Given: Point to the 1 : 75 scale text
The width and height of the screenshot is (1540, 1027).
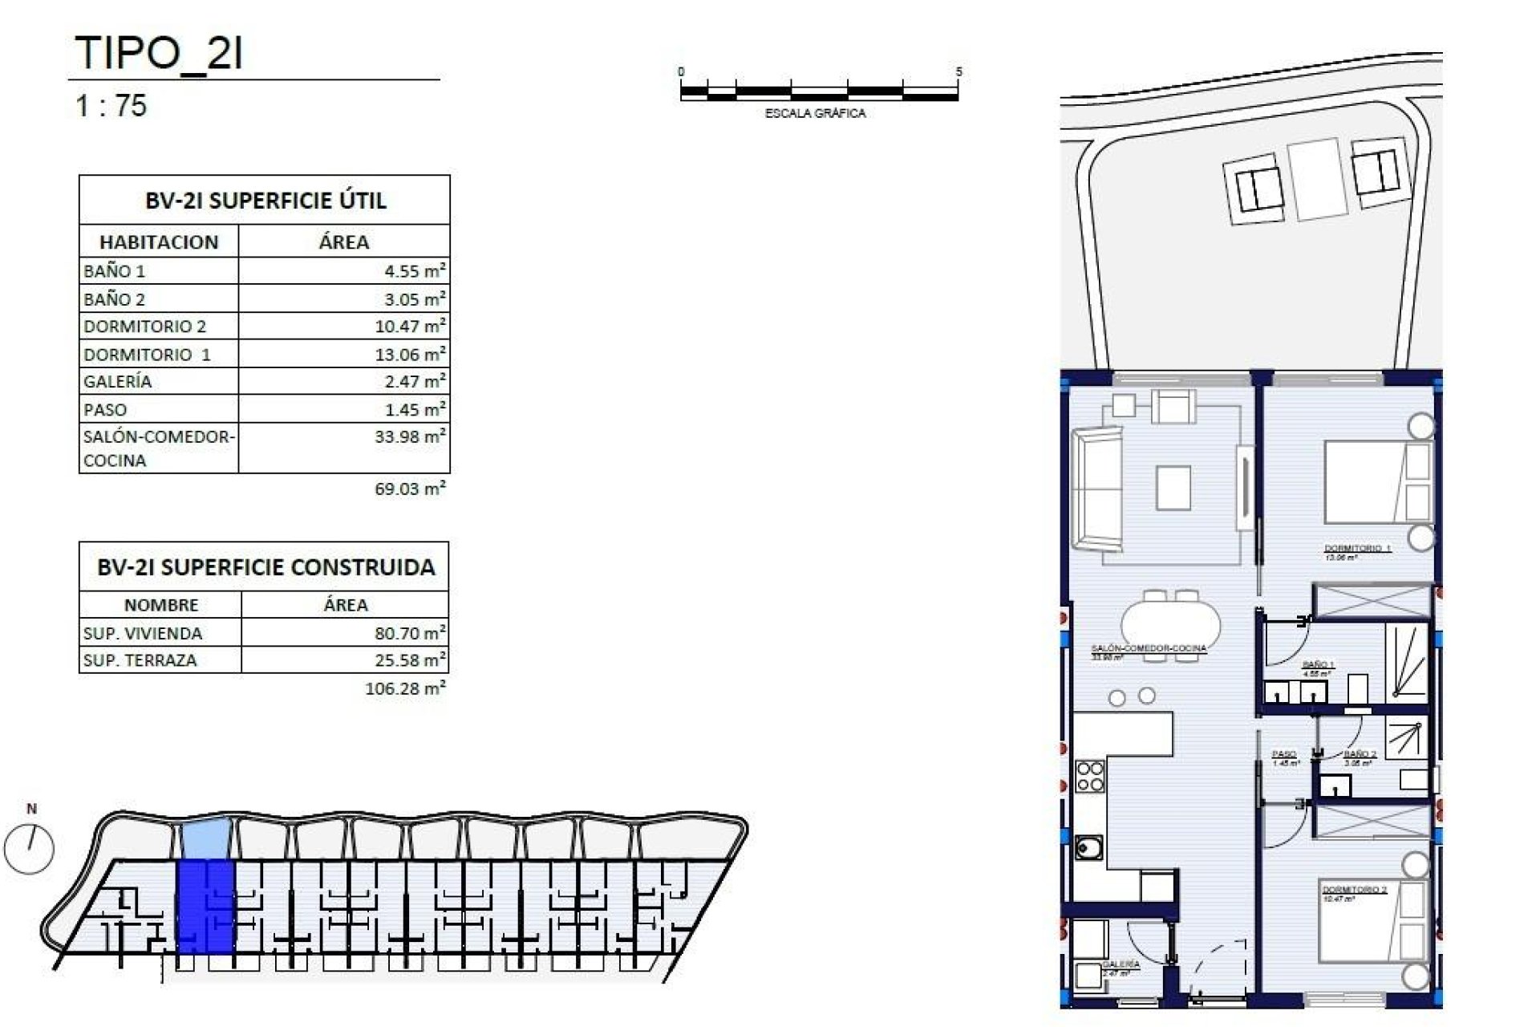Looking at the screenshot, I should tap(111, 106).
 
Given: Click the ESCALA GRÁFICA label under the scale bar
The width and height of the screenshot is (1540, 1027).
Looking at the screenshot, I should tap(815, 114).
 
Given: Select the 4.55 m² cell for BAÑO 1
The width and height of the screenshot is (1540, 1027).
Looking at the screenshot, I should tap(344, 271).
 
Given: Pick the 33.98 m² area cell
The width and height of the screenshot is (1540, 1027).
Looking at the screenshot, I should tap(344, 437).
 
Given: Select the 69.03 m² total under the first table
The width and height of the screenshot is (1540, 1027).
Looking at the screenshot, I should tap(410, 489).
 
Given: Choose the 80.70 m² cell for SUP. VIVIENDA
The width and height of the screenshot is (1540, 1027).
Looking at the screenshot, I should tap(345, 633).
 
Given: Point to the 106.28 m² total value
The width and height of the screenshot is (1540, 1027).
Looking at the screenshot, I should tap(405, 688).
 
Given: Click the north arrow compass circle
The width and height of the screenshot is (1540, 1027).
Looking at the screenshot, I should tap(29, 849).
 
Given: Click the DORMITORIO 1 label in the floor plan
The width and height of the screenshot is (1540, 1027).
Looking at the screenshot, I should tap(1357, 549).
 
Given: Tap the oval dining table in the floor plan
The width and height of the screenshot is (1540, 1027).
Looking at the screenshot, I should tap(1170, 624).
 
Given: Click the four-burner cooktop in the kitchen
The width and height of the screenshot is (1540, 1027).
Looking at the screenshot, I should tap(1089, 777).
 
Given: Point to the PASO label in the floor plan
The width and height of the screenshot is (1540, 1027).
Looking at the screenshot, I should tap(1283, 754).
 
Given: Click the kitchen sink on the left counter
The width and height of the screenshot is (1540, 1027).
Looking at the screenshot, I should tap(1088, 847).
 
